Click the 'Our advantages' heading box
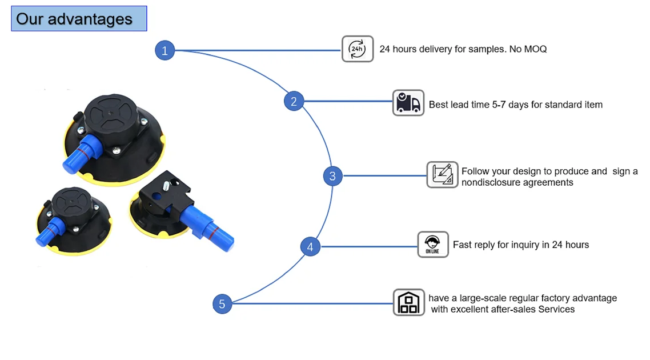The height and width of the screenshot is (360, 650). pos(79,19)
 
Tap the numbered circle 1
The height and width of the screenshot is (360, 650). pos(164,50)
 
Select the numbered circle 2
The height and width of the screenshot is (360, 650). pos(294,102)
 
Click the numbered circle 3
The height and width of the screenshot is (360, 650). pos(332,175)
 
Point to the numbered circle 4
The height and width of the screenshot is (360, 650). pos(310,247)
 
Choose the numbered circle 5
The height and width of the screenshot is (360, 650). pos(222,303)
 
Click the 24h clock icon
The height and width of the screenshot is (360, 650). pos(358,49)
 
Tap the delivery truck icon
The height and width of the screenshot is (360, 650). pos(408,103)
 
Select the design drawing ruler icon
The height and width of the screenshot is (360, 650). pos(443,175)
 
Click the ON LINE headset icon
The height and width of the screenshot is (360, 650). pos(433,245)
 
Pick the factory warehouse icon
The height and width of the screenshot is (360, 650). pos(409,302)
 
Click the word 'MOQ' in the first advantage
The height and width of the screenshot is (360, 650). pos(535,49)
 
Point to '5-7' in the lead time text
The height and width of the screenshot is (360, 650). pos(503,105)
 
